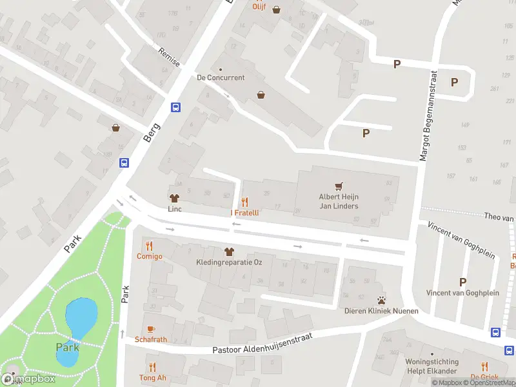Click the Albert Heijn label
(339, 197)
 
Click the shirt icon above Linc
(174, 198)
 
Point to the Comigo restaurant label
(149, 256)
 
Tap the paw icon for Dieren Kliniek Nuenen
(381, 300)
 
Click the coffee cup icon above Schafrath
(151, 328)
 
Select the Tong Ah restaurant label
(152, 377)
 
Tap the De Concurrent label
(221, 77)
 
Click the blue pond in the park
(81, 315)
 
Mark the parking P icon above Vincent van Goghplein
(462, 282)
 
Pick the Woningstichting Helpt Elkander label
(432, 366)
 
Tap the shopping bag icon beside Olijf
(277, 10)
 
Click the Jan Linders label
(339, 206)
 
